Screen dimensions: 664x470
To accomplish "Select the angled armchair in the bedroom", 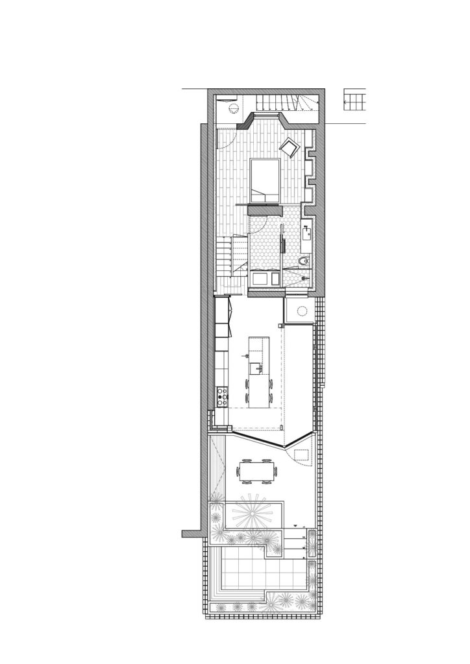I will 290,148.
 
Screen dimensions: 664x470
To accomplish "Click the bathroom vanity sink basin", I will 306,231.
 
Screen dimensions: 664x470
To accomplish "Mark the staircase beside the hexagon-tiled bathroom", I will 232,256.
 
